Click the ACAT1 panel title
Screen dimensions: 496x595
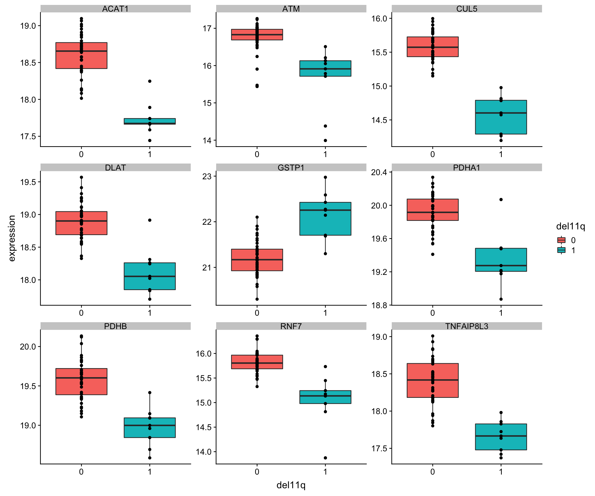pyautogui.click(x=115, y=9)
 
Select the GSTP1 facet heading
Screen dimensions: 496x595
pyautogui.click(x=291, y=167)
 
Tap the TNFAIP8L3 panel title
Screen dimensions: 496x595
pyautogui.click(x=467, y=326)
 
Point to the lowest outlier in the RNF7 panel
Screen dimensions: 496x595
pyautogui.click(x=325, y=458)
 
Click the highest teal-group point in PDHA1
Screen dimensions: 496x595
pyautogui.click(x=501, y=199)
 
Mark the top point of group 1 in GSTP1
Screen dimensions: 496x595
pyautogui.click(x=325, y=177)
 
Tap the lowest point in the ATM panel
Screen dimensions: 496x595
pyautogui.click(x=325, y=140)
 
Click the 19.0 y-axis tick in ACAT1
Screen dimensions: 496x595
pyautogui.click(x=28, y=26)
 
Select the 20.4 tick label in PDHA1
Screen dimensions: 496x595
pyautogui.click(x=379, y=172)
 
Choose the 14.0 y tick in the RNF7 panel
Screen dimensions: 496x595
pyautogui.click(x=203, y=452)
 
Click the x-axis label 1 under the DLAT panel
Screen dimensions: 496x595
pyautogui.click(x=150, y=313)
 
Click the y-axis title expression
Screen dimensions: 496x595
pyautogui.click(x=12, y=238)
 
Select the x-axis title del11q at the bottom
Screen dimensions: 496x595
pyautogui.click(x=291, y=485)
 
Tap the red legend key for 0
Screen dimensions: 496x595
pyautogui.click(x=561, y=240)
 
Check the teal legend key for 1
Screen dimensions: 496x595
pyautogui.click(x=561, y=250)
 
